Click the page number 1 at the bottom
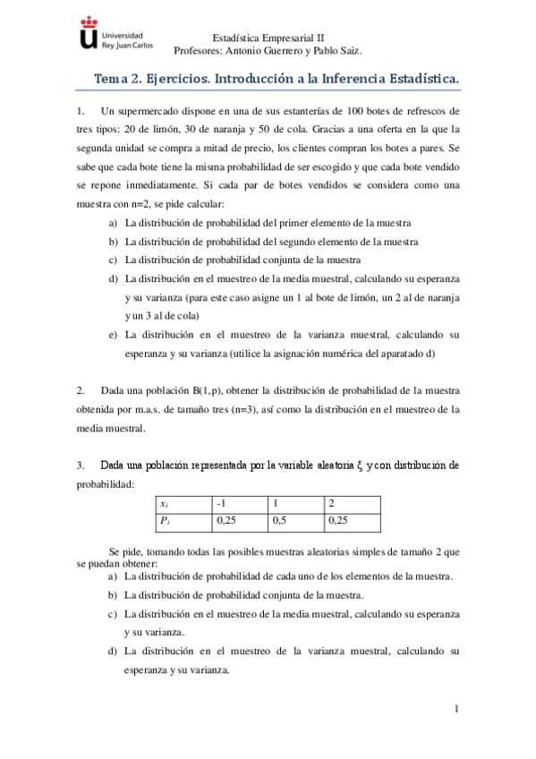[455, 710]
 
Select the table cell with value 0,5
[295, 519]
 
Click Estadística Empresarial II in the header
[268, 38]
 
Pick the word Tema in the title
[112, 81]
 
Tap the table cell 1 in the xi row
[295, 503]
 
